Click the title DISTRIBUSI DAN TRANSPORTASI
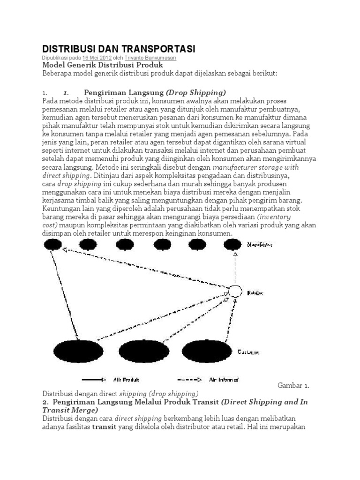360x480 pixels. pos(119,49)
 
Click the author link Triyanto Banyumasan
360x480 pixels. pos(150,58)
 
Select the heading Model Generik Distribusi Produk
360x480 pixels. pos(103,65)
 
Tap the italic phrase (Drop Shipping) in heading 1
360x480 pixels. pos(196,92)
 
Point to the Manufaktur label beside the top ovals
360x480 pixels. pos(261,244)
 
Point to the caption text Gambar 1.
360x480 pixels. pos(293,386)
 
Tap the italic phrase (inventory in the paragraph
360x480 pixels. pos(274,217)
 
